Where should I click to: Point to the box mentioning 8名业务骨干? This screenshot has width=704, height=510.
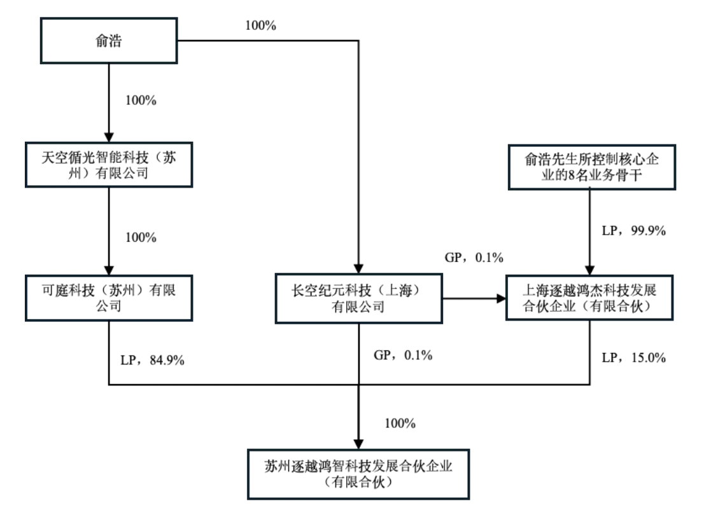click(590, 165)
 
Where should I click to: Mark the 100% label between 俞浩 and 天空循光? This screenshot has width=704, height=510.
click(141, 100)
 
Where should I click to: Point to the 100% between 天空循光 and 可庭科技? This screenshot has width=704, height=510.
click(141, 237)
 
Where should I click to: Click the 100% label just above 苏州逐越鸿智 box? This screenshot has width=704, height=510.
click(400, 424)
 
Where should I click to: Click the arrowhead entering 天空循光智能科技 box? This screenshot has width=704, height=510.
click(109, 139)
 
